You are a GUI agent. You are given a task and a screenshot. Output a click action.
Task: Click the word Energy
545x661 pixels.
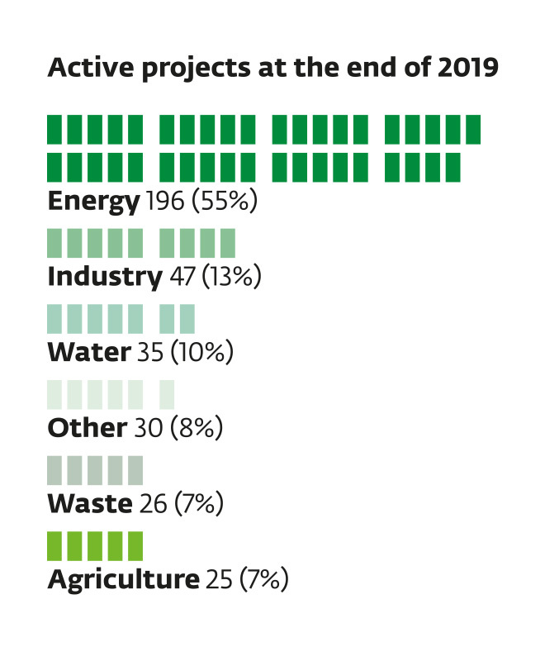93,201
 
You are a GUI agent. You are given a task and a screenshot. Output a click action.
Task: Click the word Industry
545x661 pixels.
104,276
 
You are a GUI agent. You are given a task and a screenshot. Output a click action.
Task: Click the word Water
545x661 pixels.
88,352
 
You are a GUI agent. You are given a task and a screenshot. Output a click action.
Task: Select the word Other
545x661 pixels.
87,427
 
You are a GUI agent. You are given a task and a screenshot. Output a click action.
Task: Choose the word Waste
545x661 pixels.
89,502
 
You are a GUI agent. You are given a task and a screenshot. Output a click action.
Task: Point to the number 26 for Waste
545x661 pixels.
153,502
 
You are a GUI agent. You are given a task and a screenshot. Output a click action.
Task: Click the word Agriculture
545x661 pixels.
123,578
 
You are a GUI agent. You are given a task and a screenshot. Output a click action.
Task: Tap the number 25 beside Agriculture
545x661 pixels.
218,578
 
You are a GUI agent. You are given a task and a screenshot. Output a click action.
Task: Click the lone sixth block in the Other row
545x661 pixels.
167,394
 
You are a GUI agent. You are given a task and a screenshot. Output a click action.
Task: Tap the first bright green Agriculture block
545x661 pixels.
55,546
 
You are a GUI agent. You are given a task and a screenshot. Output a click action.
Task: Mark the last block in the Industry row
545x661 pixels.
228,243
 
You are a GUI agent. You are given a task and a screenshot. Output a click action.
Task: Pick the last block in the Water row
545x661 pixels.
187,319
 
